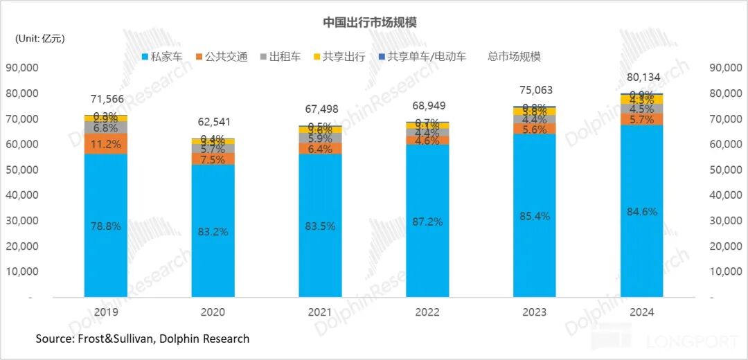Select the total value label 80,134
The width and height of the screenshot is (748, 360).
639,78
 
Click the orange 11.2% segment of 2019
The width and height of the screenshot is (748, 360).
105,144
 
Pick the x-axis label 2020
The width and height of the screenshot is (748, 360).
212,312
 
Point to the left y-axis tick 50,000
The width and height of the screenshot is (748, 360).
22,170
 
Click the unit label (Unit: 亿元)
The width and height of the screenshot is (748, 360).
40,38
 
